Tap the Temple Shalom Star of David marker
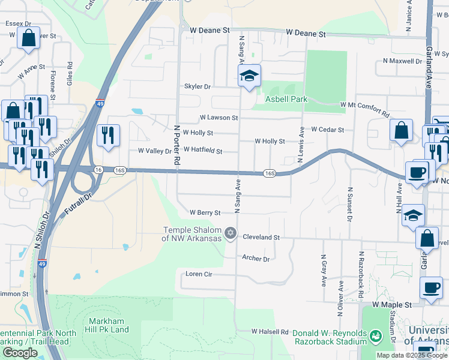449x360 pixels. point(230,233)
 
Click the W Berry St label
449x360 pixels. point(205,212)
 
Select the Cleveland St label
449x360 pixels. point(261,237)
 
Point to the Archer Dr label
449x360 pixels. point(256,259)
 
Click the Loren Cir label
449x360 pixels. point(199,274)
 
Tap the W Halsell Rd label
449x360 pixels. point(270,331)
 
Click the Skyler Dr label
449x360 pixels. point(197,87)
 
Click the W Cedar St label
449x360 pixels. point(327,130)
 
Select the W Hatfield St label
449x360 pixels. point(203,150)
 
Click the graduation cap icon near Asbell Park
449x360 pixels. point(250,76)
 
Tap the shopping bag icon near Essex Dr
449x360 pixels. point(28,39)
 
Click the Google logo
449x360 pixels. point(20,353)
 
